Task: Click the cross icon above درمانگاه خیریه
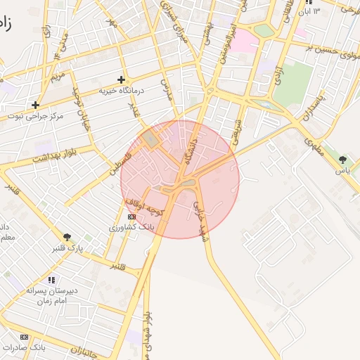[x=122, y=79]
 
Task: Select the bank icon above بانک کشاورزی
[x=132, y=217]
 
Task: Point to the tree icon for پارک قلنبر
[x=66, y=237]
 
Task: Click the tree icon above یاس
[x=342, y=160]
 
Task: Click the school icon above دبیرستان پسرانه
[x=50, y=280]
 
